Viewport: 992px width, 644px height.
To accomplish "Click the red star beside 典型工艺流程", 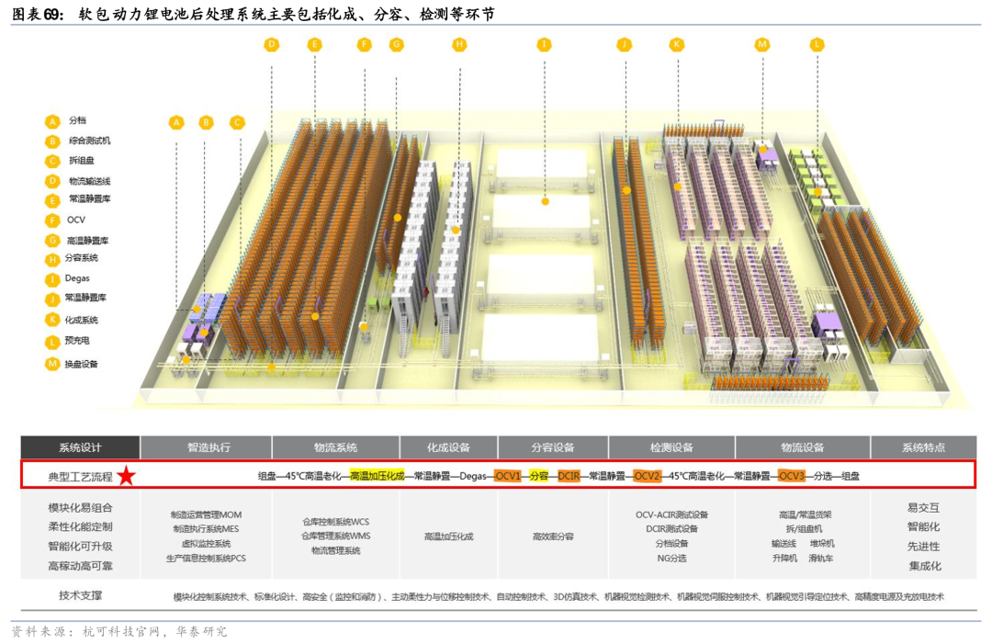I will click(x=126, y=476).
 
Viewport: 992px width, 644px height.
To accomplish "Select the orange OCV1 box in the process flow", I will click(x=508, y=476).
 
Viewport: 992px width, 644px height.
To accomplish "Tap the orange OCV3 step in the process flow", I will click(x=791, y=476).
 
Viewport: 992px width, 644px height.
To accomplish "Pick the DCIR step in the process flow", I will click(x=569, y=476).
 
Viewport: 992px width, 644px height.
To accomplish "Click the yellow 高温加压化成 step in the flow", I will click(x=377, y=476).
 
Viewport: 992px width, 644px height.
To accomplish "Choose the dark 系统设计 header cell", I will click(x=80, y=447).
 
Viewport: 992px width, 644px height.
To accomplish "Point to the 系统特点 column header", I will click(x=923, y=447).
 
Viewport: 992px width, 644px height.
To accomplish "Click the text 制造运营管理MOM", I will click(x=206, y=514).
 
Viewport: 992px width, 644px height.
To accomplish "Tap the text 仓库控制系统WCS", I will click(x=335, y=521).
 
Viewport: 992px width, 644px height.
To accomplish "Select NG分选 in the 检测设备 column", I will click(x=671, y=558).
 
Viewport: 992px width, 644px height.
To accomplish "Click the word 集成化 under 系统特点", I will click(x=924, y=566).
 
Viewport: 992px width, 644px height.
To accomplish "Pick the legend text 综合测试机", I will click(x=90, y=141).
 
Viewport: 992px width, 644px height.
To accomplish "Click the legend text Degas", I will click(x=77, y=278).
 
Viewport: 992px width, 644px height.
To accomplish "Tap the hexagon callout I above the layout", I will click(x=545, y=44).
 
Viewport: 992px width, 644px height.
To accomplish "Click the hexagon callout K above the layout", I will click(x=677, y=44).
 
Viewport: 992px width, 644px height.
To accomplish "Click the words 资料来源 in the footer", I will click(x=39, y=632).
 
